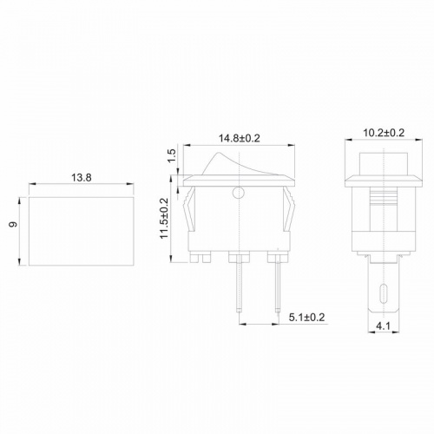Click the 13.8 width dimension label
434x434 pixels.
pyautogui.click(x=82, y=177)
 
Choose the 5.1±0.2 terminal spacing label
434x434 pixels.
pyautogui.click(x=306, y=319)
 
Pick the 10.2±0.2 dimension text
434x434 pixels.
pyautogui.click(x=382, y=133)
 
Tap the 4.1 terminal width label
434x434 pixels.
pyautogui.click(x=383, y=328)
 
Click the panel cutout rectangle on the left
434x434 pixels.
pyautogui.click(x=82, y=230)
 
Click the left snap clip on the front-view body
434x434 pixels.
pyautogui.click(x=188, y=217)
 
